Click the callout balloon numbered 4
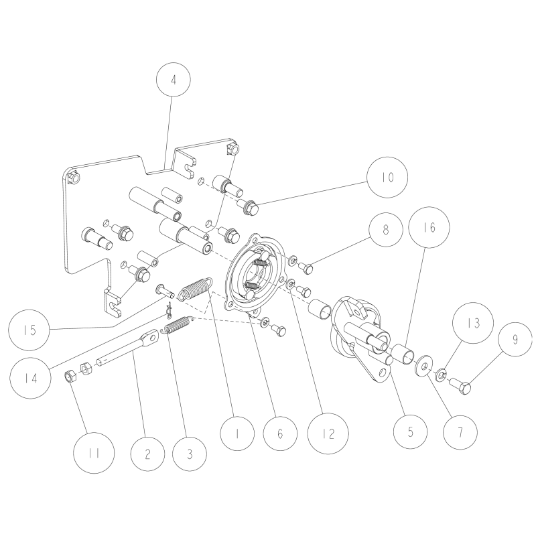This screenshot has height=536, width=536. [x=174, y=80]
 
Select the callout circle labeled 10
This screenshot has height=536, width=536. [x=387, y=178]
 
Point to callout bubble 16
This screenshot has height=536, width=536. [x=429, y=228]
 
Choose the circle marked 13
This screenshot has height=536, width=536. [x=474, y=323]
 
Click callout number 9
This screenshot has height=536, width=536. [x=515, y=340]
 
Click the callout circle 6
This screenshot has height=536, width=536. [x=281, y=433]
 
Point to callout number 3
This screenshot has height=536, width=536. [x=189, y=454]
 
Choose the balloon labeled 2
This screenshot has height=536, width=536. [x=148, y=454]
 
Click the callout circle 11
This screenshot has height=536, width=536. [x=97, y=454]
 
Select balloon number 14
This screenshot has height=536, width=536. [x=28, y=377]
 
